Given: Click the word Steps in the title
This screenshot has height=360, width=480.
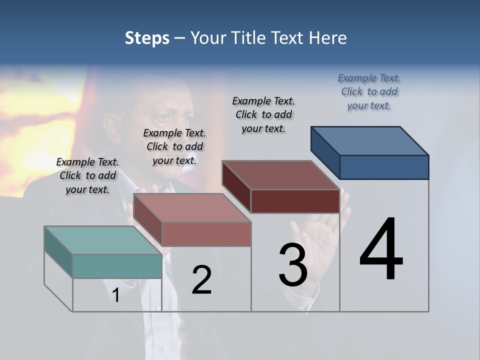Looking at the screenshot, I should pos(147,38).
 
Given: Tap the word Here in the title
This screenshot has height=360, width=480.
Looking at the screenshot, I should pos(327,38).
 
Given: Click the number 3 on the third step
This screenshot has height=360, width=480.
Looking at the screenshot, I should pos(292,265).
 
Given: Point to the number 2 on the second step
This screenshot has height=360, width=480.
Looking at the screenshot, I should pos(201,280).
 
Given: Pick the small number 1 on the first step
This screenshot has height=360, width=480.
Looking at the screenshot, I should pos(115,295).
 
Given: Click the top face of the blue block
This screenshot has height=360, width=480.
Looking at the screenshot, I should pos(370,141).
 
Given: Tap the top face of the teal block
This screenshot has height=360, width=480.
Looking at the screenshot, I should pos(103,240).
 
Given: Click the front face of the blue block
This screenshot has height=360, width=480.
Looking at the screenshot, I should pos(384,167).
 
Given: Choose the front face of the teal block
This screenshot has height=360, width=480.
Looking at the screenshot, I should pos(117,266).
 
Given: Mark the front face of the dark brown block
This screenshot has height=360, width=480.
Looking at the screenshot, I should pos(295,201).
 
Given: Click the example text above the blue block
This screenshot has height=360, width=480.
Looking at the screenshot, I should pos(369,91).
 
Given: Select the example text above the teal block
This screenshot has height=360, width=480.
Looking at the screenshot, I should pos(87,175).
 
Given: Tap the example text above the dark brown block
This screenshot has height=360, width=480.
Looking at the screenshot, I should pos(263,114).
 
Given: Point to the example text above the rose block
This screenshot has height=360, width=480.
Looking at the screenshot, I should pos(174,146).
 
